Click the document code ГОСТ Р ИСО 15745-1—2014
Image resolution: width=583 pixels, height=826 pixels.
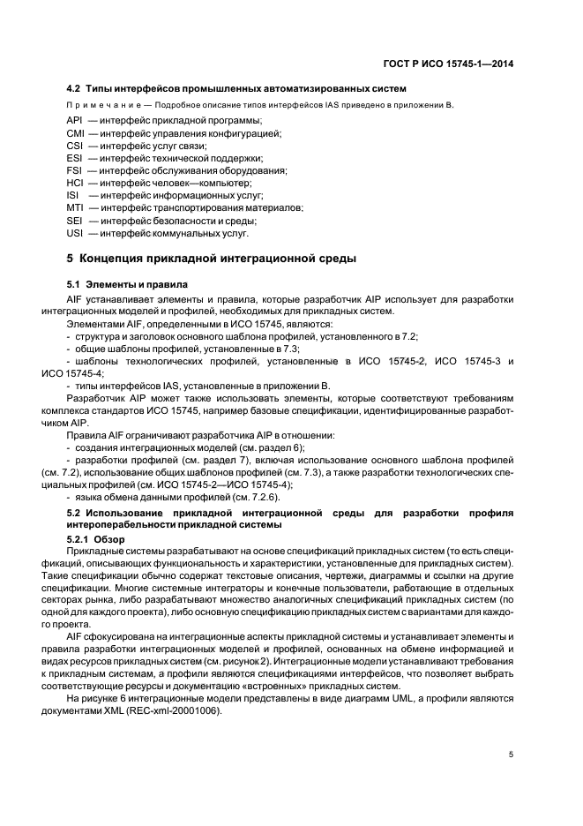(x=456, y=63)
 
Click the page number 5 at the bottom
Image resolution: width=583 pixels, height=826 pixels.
(x=511, y=755)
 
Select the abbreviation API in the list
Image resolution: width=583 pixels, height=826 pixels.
(x=75, y=120)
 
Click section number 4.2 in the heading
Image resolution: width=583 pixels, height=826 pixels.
(x=75, y=88)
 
